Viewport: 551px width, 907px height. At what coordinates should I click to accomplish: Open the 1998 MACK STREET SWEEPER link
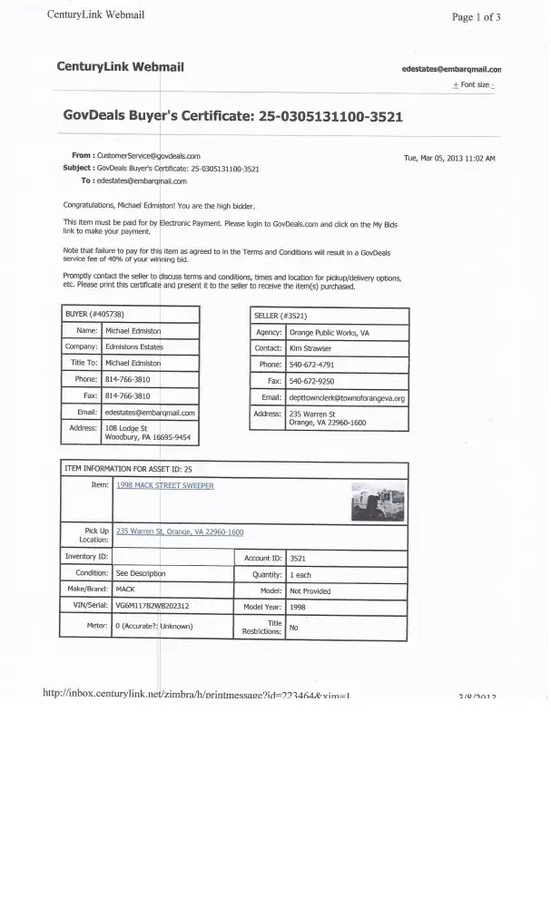165,485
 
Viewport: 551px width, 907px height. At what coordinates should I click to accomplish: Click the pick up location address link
180,532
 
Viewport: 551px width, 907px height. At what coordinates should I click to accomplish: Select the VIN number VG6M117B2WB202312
153,606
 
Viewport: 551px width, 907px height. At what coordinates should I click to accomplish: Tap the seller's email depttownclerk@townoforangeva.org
346,397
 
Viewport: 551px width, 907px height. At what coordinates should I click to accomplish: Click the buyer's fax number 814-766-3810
128,395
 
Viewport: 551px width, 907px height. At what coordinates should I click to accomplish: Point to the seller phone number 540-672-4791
311,365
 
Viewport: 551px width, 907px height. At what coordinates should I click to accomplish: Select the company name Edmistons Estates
134,347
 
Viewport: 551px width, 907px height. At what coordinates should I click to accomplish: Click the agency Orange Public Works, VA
329,332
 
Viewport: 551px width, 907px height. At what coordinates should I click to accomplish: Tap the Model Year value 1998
298,606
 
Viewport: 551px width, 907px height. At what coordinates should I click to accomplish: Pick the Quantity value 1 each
300,574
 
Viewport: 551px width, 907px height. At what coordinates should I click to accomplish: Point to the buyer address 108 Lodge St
126,427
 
